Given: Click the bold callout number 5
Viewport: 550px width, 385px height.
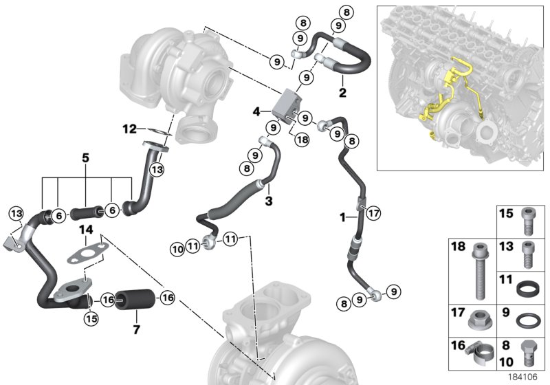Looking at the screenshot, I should tap(85, 158).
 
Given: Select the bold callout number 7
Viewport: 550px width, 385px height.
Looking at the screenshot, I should tap(136, 330).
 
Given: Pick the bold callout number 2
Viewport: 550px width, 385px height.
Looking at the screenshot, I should tap(342, 91).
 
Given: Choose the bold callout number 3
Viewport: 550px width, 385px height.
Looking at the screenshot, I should tap(269, 201).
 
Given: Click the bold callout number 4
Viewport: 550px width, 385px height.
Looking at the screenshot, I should tap(256, 110).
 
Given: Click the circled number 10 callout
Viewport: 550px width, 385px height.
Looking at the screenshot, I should tap(177, 248).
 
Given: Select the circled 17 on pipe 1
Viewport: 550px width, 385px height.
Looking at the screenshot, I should tap(372, 213).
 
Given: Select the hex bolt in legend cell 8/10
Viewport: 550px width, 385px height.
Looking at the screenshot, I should tap(527, 352).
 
